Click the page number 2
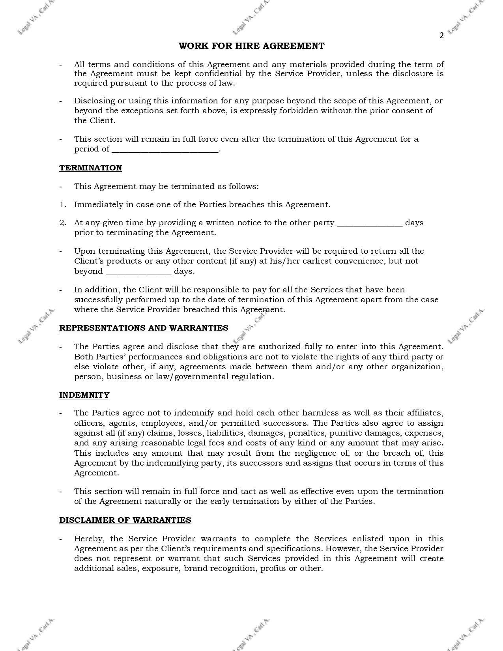(x=441, y=36)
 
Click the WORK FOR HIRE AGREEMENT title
(x=251, y=46)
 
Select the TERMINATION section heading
(x=90, y=168)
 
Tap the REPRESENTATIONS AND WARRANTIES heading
(x=144, y=328)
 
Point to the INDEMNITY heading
(x=84, y=395)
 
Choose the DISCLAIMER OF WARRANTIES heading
(x=125, y=520)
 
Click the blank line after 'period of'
(x=165, y=150)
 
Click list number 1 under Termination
(x=63, y=205)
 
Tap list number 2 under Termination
(x=63, y=223)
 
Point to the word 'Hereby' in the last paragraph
(x=89, y=539)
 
